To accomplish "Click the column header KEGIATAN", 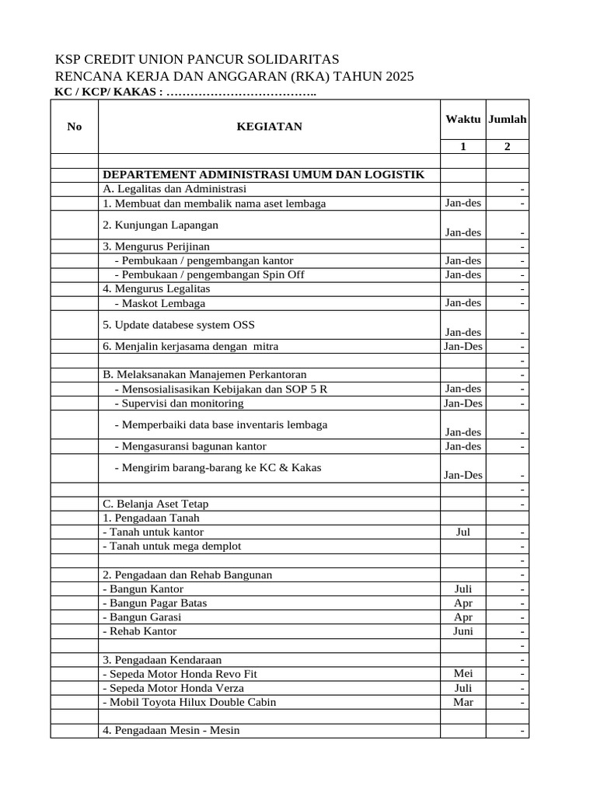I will (269, 127).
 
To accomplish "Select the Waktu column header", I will (463, 119).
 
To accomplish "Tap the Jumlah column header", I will (508, 119).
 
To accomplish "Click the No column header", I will (75, 127).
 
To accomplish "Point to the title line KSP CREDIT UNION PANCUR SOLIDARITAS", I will (197, 60).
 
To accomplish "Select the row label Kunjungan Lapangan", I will (160, 225).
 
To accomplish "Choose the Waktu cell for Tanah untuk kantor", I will (463, 532).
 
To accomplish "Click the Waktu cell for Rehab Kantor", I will (463, 631).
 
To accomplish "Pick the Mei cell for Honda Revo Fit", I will (463, 673).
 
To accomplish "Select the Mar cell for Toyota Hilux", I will (463, 701).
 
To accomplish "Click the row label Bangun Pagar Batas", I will (155, 602).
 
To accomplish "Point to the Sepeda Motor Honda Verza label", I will (173, 688).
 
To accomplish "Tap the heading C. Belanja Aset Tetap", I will (155, 504).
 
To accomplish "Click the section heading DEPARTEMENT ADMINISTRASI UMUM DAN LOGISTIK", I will (264, 174).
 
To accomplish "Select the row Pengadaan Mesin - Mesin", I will (171, 730).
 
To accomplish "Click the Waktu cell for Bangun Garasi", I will (463, 616).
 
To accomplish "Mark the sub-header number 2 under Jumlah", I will (508, 147).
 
